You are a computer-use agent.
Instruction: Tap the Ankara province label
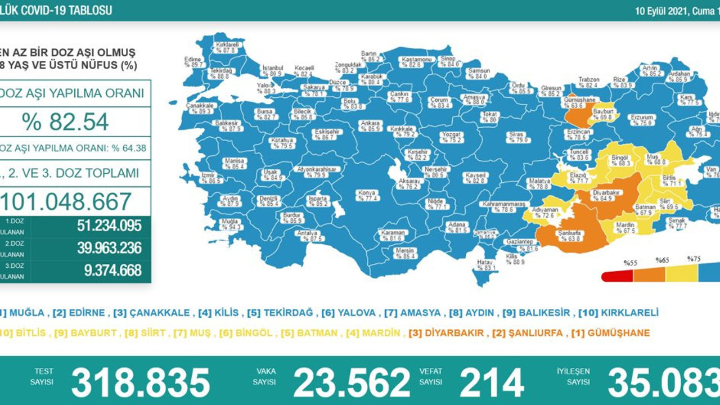click(371, 125)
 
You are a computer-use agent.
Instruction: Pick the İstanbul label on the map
click(272, 70)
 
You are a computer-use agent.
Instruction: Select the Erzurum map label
click(641, 120)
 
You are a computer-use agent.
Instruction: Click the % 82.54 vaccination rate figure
click(65, 121)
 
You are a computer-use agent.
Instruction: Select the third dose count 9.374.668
click(112, 271)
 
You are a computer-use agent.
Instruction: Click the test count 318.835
click(141, 382)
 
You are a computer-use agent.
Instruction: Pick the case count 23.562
click(352, 382)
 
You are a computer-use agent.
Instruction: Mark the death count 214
click(492, 382)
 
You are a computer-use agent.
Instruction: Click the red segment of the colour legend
click(618, 276)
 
